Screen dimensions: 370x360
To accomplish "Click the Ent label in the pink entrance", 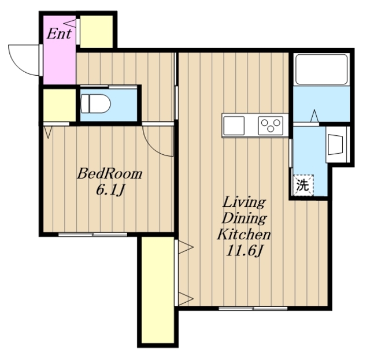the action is [x=59, y=34].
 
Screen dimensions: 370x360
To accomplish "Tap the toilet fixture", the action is [x=95, y=104].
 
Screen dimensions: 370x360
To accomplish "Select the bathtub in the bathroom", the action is [x=321, y=69].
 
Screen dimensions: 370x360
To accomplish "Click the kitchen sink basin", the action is [x=234, y=125].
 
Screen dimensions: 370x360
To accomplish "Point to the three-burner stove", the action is [x=271, y=125].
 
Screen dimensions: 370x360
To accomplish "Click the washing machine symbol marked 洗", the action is [x=303, y=185].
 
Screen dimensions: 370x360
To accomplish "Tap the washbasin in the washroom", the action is [x=335, y=144].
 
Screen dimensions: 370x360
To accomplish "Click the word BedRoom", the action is [x=110, y=173].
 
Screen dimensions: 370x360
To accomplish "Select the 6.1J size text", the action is [x=110, y=190].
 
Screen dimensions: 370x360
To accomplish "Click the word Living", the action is [x=244, y=203].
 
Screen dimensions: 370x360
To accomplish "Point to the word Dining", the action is [x=244, y=218].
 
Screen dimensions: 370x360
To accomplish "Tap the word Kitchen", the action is [x=244, y=234].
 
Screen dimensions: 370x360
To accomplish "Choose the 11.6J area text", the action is [x=244, y=251].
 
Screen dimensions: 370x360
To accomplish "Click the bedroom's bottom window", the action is [x=92, y=235].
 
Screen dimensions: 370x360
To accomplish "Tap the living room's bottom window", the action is [x=253, y=309].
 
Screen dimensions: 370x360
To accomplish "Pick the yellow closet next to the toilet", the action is [x=59, y=105].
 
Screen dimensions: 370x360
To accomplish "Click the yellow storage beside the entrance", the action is [x=97, y=31].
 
